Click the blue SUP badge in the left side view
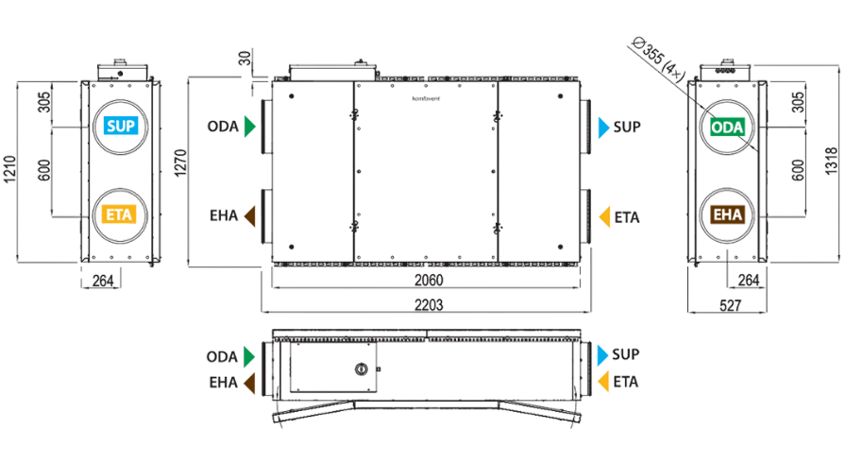click(x=121, y=126)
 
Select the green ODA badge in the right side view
click(x=727, y=128)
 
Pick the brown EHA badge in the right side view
click(x=728, y=215)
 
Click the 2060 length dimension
click(x=429, y=281)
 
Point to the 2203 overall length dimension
click(x=429, y=305)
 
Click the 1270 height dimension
click(x=180, y=163)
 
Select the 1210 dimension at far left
click(x=10, y=169)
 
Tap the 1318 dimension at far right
click(x=832, y=161)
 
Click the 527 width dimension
click(x=730, y=306)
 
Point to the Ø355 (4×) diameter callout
click(x=659, y=59)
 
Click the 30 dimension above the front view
click(x=245, y=59)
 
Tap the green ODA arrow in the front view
click(x=249, y=127)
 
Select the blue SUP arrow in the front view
click(x=603, y=128)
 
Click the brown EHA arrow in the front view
click(x=250, y=215)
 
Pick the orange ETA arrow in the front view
click(x=604, y=217)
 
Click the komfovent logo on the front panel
click(x=426, y=98)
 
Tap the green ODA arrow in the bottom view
click(x=249, y=356)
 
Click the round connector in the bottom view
click(x=361, y=369)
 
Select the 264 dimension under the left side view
click(x=103, y=281)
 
